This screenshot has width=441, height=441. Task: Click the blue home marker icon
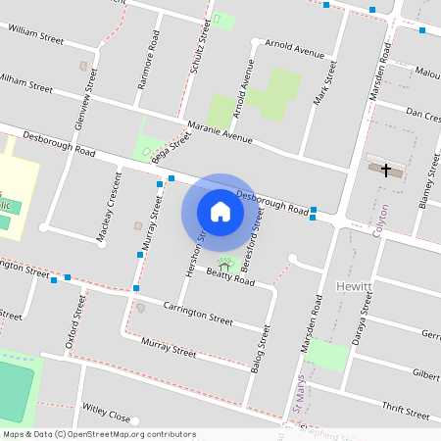(x=220, y=211)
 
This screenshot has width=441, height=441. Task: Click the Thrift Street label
(x=406, y=412)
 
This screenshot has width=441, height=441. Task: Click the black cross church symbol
(x=386, y=171)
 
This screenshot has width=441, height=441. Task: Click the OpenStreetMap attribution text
(x=98, y=434)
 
